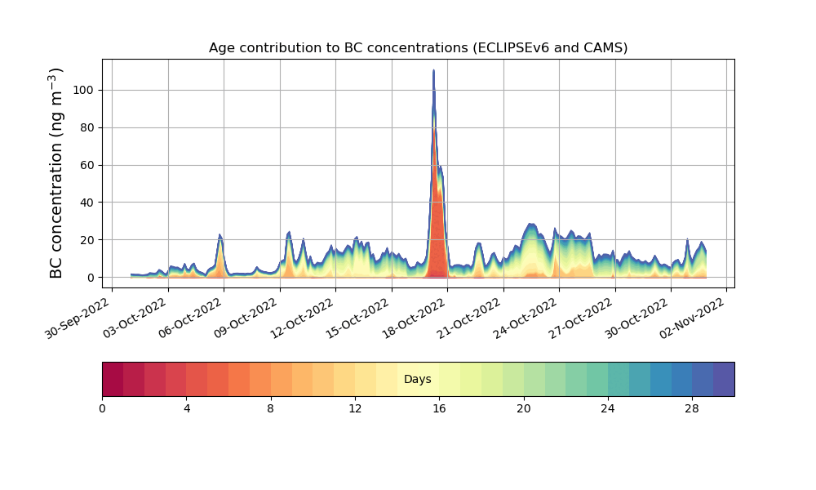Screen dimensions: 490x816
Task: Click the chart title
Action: [x=418, y=47]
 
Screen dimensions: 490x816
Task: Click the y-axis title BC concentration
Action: [x=56, y=172]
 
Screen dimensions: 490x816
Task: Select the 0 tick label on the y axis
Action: [x=90, y=278]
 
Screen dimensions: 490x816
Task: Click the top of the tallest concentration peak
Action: [x=433, y=71]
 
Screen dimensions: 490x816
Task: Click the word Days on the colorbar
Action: [x=418, y=380]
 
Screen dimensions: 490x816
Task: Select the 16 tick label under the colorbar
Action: [x=439, y=408]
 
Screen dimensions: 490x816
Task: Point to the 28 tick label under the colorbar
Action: [x=692, y=408]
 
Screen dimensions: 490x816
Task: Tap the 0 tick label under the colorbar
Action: [x=102, y=408]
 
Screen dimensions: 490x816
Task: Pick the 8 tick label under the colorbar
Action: [x=271, y=408]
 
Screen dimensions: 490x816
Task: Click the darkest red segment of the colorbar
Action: [x=113, y=379]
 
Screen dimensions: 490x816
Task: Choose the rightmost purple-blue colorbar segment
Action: [x=724, y=379]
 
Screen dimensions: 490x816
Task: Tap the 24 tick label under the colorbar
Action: [x=608, y=408]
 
